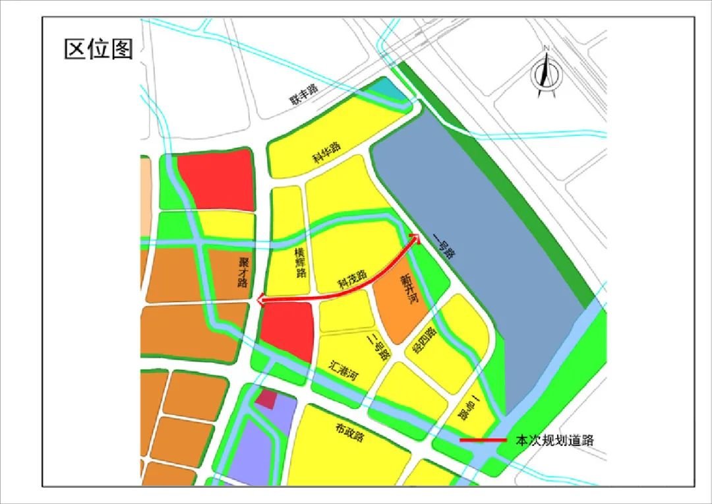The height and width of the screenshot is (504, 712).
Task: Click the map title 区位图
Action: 98,49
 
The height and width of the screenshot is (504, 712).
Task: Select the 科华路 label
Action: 326,152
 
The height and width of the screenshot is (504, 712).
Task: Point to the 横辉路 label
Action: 301,263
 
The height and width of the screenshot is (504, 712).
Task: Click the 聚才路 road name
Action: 243,272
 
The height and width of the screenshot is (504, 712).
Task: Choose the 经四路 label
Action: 425,341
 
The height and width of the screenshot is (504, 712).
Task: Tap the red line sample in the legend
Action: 483,440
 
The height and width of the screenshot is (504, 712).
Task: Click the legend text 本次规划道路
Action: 554,440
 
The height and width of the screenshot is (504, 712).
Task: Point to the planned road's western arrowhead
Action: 262,301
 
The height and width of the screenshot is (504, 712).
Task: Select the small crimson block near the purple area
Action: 266,398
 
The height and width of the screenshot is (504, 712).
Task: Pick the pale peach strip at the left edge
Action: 145,184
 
